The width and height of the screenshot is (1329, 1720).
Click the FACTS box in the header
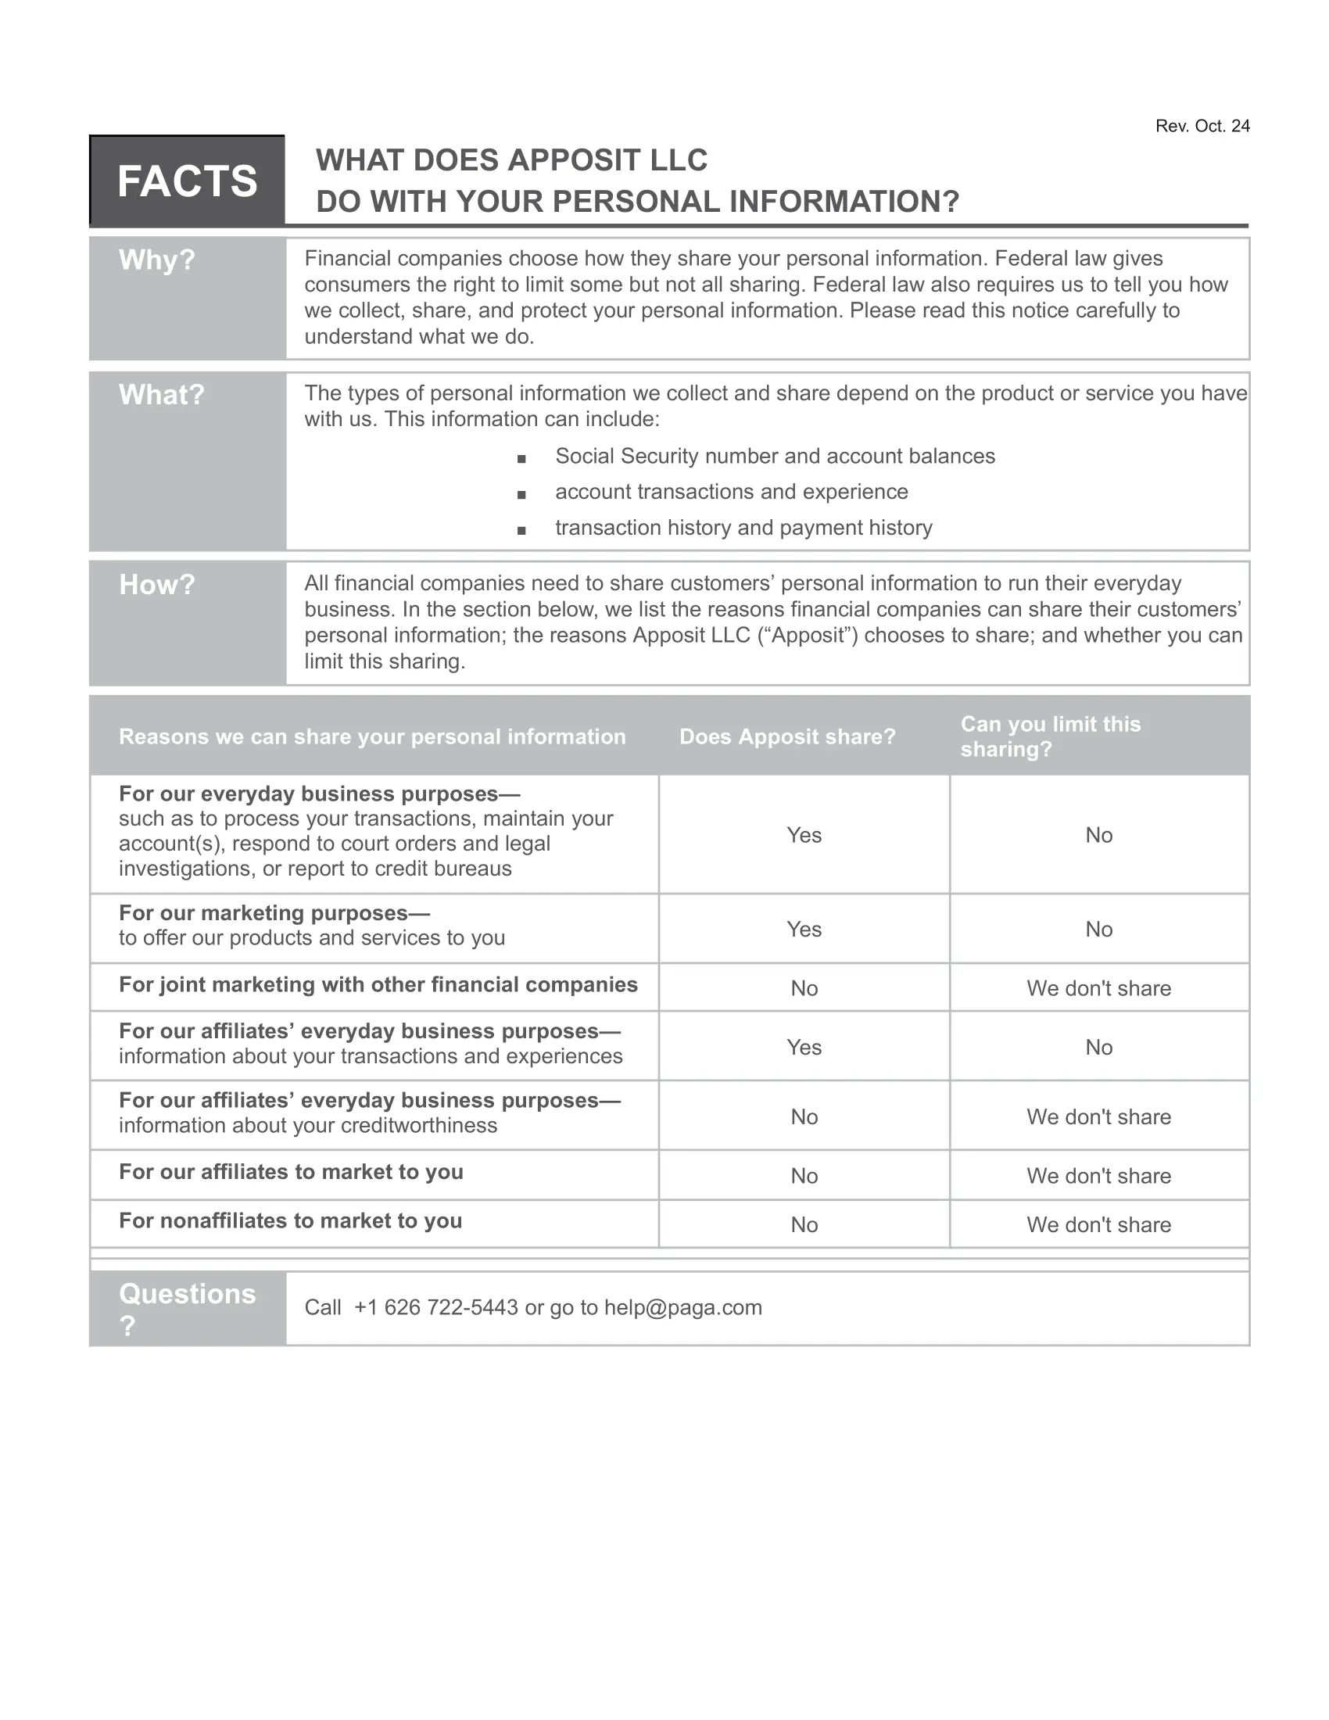coord(188,181)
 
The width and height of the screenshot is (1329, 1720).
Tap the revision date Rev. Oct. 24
coord(1202,126)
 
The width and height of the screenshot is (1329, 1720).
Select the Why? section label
coord(156,260)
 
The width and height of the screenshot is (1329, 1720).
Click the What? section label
coord(161,395)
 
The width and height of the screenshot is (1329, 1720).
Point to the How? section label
coord(156,584)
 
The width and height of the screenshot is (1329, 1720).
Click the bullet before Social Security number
coord(521,458)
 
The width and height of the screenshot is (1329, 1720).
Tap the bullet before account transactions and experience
coord(521,495)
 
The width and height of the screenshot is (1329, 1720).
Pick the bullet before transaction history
coord(521,530)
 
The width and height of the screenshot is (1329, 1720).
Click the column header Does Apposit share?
coord(787,736)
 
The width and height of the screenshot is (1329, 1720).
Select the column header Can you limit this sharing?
coord(1050,736)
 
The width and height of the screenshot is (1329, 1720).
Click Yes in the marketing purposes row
coord(804,930)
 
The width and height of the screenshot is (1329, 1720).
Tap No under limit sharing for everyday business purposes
coord(1098,835)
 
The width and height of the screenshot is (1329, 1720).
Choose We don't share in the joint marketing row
coord(1098,988)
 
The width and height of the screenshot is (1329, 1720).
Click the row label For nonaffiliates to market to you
coord(291,1220)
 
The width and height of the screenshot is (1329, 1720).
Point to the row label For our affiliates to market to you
coord(292,1172)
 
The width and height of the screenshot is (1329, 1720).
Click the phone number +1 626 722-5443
coord(436,1307)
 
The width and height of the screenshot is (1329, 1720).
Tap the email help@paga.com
coord(682,1307)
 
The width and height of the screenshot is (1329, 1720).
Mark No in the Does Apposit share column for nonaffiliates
coord(804,1224)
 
